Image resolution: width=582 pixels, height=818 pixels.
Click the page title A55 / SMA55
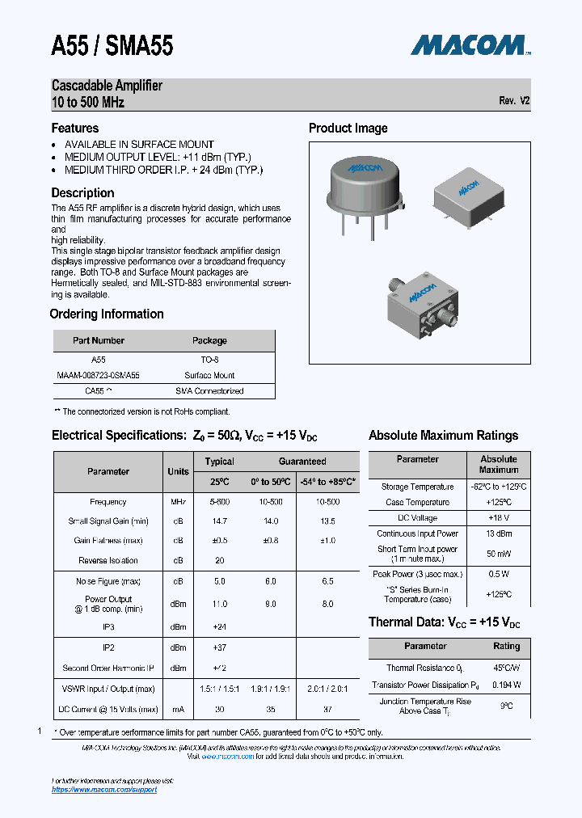click(x=112, y=47)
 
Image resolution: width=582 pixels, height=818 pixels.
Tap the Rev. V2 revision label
click(x=514, y=101)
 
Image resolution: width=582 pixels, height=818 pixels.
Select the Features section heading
click(x=75, y=128)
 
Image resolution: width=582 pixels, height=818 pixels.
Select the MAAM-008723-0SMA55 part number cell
click(x=99, y=375)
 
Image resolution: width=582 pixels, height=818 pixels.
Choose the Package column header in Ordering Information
click(x=209, y=340)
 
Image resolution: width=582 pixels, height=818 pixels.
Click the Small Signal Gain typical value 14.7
click(x=219, y=521)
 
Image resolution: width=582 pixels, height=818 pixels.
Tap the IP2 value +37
click(x=219, y=647)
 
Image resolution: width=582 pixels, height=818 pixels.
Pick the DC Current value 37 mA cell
click(x=327, y=709)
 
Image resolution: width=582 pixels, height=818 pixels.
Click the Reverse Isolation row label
click(x=108, y=560)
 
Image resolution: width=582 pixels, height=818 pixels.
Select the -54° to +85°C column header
click(x=327, y=482)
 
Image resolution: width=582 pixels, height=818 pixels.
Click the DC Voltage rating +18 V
click(x=498, y=517)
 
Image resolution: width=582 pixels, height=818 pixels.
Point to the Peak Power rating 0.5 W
click(x=498, y=574)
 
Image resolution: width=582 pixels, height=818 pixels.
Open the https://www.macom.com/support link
click(x=104, y=789)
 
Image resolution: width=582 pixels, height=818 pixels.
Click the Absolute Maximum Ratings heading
click(x=443, y=435)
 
